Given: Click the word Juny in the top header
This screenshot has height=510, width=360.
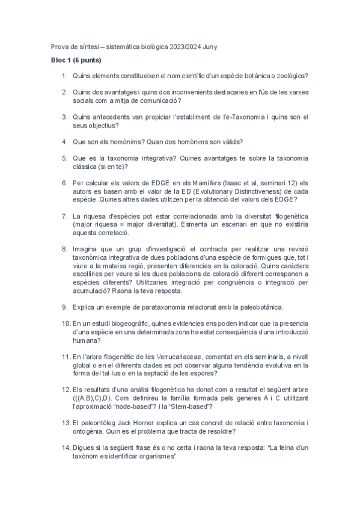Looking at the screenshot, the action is point(209,46).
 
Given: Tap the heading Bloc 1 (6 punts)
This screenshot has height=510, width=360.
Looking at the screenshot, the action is point(76,61).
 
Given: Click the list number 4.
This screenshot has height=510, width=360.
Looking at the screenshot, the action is point(64,142).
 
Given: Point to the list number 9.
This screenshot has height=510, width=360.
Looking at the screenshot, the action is point(64,307).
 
